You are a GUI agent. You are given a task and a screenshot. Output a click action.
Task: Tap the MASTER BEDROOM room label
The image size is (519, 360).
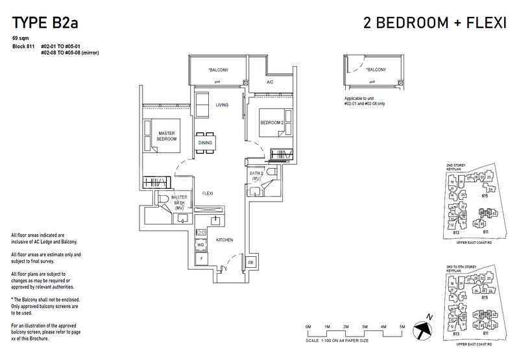(x=168, y=136)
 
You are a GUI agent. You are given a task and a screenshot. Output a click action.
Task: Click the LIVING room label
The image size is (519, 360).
(x=222, y=105)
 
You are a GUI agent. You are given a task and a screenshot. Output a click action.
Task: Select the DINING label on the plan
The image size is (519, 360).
(x=205, y=143)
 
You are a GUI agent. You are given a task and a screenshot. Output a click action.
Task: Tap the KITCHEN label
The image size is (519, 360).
(x=224, y=240)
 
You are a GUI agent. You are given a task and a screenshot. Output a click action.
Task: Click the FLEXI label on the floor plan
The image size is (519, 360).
(x=208, y=193)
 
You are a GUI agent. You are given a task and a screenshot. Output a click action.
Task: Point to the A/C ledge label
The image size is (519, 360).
(x=270, y=83)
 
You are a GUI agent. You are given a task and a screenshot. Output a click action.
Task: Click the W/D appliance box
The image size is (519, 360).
(x=200, y=245)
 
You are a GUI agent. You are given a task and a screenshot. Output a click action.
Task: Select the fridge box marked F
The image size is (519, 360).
(x=200, y=259)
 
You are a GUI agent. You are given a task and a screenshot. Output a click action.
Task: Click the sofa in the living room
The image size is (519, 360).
(x=202, y=106)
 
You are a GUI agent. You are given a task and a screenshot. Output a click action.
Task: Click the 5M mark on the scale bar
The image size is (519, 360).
(x=402, y=325)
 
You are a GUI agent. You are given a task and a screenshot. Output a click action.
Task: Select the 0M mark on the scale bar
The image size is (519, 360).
(x=308, y=325)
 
